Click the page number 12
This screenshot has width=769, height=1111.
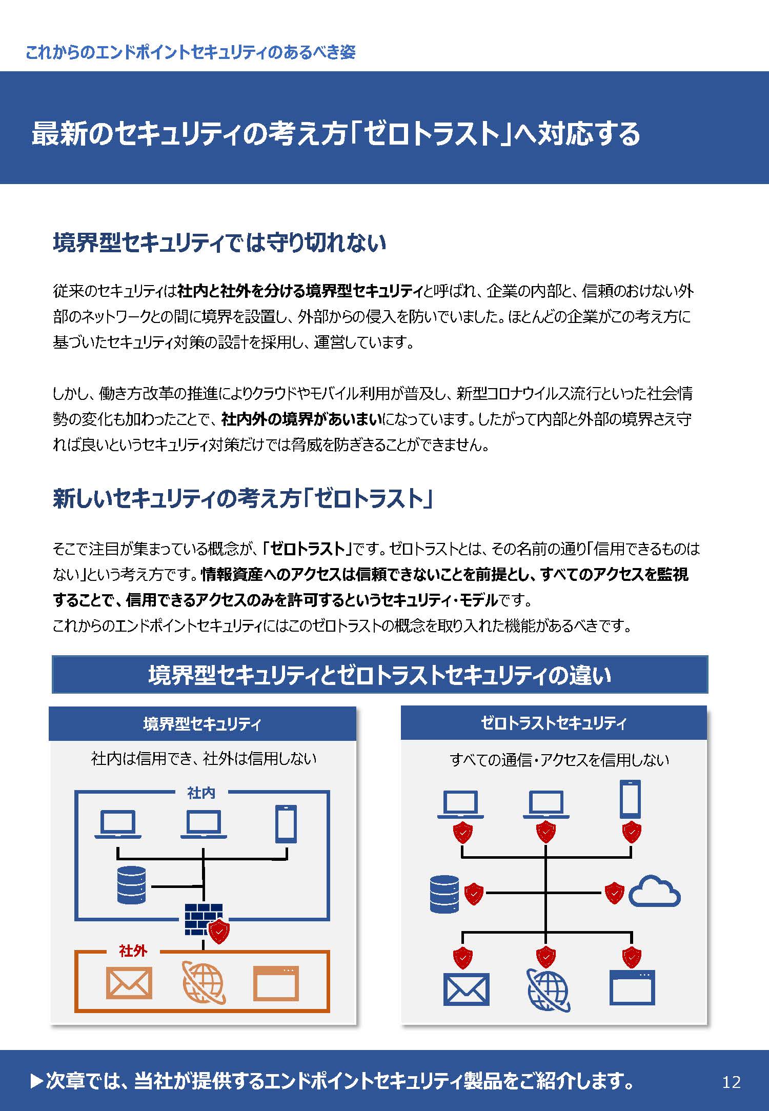point(731,1082)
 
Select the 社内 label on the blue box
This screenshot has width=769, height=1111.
point(201,793)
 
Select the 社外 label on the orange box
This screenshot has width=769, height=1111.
point(133,951)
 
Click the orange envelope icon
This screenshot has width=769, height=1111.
point(129,983)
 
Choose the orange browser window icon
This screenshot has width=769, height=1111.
point(276,983)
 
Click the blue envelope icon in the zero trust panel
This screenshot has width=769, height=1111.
point(466,989)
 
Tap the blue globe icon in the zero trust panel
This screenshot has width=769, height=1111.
point(548,990)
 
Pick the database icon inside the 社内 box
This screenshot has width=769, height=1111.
point(132,885)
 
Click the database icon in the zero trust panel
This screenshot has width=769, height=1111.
point(444,894)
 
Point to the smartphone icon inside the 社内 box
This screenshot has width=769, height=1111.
point(286,824)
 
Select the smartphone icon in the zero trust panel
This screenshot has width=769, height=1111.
point(630,799)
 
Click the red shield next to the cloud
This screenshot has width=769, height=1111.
point(614,893)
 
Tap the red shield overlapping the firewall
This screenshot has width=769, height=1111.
point(219,932)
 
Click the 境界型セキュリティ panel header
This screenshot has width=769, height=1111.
point(203,723)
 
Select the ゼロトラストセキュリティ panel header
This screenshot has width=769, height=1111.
point(554,723)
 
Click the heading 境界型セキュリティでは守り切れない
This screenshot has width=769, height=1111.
point(219,243)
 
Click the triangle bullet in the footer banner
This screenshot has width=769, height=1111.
point(37,1082)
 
